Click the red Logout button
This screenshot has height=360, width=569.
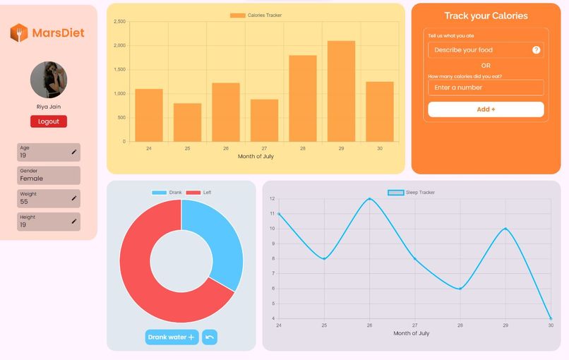tap(49, 121)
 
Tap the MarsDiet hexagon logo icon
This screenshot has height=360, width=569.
tap(19, 33)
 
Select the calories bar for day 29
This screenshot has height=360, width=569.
tap(341, 91)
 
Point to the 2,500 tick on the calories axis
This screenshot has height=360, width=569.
tap(119, 22)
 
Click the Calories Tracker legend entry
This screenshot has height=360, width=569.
tap(256, 15)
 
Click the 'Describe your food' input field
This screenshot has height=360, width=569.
tap(480, 50)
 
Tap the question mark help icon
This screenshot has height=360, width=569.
tap(536, 50)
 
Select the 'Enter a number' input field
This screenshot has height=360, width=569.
tap(486, 88)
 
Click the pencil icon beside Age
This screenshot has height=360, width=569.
tap(74, 152)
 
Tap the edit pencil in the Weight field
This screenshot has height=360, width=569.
tap(74, 198)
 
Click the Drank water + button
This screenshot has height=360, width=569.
tap(172, 337)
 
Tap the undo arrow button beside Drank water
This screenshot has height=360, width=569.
tap(210, 337)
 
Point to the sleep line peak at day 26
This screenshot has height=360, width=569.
tap(370, 199)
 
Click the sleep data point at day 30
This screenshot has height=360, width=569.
tap(551, 318)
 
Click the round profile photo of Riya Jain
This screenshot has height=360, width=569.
tap(49, 80)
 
